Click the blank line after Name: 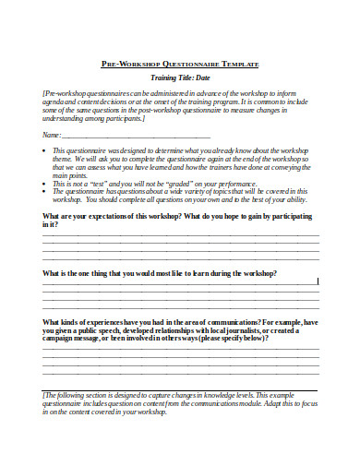[x=138, y=136]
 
